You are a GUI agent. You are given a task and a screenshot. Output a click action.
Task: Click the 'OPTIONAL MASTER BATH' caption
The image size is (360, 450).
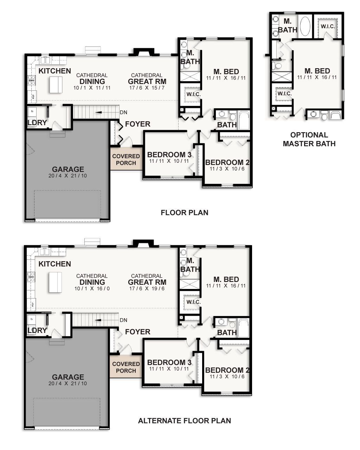click(x=309, y=139)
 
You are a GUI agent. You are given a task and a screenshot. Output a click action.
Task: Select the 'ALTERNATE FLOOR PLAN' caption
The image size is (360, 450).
click(x=184, y=420)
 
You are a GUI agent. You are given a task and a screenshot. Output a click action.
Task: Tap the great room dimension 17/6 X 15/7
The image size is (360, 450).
click(x=147, y=88)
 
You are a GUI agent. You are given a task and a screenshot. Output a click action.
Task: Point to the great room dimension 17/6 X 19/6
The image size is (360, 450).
click(x=147, y=289)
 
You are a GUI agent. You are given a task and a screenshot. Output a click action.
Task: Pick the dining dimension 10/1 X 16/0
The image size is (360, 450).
click(x=92, y=289)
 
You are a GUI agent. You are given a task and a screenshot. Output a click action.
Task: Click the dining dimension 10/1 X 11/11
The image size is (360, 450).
click(x=92, y=88)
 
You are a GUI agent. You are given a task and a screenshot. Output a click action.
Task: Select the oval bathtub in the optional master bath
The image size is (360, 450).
click(x=304, y=26)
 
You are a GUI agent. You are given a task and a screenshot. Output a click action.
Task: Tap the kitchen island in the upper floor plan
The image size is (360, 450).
click(x=56, y=85)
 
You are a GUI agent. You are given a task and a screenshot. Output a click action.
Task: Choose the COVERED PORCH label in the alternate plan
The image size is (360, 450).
click(x=126, y=367)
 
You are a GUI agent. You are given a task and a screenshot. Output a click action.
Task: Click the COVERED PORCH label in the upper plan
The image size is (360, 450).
click(x=126, y=159)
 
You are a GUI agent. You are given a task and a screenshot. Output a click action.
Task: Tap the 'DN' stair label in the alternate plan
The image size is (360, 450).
click(x=123, y=320)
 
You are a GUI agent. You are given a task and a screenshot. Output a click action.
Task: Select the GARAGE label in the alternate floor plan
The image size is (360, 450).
click(x=68, y=377)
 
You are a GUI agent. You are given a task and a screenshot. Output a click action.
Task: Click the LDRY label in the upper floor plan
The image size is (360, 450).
click(x=37, y=123)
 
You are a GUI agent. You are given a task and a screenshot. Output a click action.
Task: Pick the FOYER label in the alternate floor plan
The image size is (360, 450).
click(x=137, y=332)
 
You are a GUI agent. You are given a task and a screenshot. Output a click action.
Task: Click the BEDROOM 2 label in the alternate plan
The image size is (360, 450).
click(x=227, y=370)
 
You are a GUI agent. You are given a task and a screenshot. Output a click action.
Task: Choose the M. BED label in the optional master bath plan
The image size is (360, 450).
click(x=317, y=71)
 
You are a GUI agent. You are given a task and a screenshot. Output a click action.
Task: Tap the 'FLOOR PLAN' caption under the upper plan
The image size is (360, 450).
click(x=184, y=213)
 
